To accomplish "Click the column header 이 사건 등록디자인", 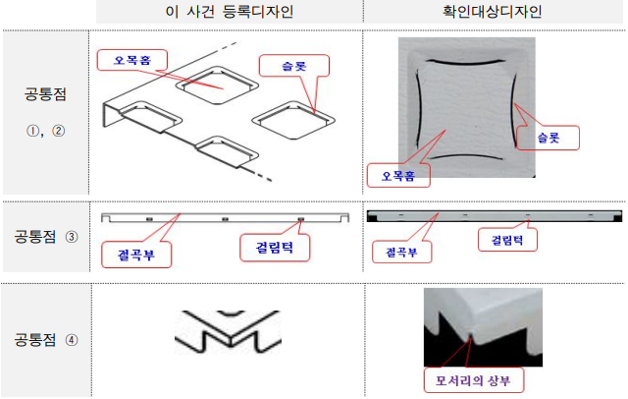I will pos(229,12).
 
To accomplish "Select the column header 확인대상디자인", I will pos(495,12).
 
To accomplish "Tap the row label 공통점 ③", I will pos(47,237).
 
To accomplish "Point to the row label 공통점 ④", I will pos(47,340).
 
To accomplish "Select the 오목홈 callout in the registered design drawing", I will pos(133,60).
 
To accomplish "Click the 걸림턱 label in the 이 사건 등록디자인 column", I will pos(276,248).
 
